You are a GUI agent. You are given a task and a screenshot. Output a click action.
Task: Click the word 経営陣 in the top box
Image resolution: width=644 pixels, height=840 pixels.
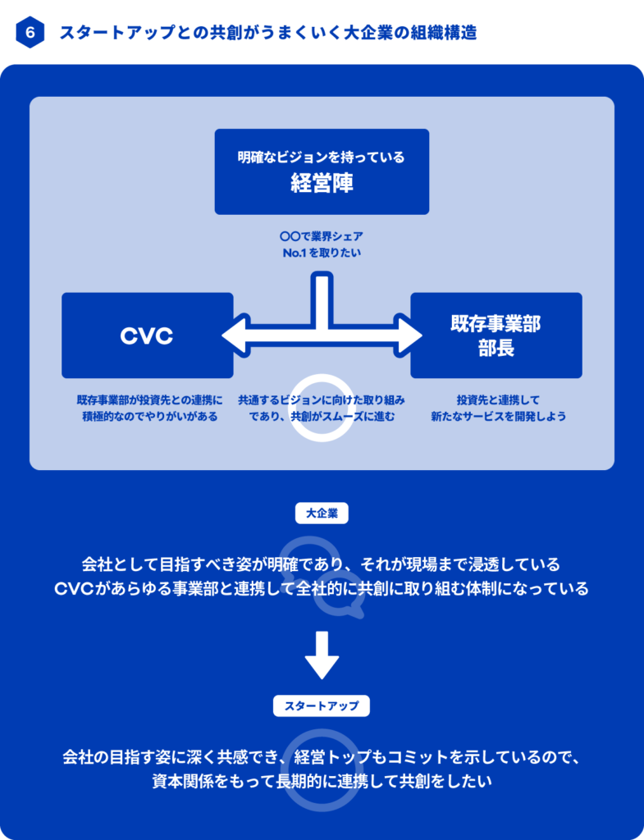click(322, 183)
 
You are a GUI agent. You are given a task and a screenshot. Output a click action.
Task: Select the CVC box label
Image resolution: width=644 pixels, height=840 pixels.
click(147, 336)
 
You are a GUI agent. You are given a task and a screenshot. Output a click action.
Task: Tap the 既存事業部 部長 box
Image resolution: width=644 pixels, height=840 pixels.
click(496, 335)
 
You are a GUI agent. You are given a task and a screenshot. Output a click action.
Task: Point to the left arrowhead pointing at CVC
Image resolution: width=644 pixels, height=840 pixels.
click(232, 335)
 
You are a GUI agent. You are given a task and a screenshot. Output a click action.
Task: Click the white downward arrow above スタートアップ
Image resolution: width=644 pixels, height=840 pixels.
click(322, 655)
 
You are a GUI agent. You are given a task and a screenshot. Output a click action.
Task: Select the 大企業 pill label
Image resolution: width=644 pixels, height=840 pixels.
click(322, 514)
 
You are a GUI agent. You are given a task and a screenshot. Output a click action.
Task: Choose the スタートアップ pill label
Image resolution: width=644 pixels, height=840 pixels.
click(322, 705)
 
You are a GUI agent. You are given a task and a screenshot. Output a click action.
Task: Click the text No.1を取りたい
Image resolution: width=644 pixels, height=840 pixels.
click(322, 253)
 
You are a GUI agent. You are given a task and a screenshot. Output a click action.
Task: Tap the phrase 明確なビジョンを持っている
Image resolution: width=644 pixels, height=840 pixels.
click(322, 156)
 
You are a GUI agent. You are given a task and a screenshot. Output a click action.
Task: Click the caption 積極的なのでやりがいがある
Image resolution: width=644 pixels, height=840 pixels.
click(149, 417)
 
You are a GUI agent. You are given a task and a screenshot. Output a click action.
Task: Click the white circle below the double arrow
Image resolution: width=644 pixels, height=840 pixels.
click(322, 408)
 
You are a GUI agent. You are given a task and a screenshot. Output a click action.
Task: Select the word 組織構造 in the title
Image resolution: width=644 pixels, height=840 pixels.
click(446, 34)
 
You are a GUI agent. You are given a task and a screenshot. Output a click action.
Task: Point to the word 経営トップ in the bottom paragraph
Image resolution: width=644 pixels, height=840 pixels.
click(336, 756)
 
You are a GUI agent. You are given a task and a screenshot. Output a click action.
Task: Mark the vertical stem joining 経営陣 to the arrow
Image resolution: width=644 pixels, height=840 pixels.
click(322, 295)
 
